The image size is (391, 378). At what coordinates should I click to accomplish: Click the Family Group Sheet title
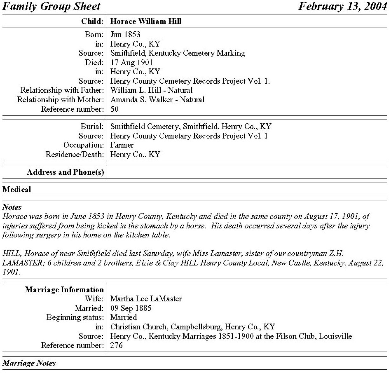52,7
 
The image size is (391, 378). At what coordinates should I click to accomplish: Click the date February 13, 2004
342,7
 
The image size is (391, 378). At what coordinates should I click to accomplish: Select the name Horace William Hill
146,21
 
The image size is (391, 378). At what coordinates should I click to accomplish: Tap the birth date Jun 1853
125,34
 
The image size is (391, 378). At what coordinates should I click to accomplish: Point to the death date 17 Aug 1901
131,63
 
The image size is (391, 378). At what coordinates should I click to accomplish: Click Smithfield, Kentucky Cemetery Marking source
178,53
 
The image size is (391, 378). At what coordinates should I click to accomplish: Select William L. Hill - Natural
151,90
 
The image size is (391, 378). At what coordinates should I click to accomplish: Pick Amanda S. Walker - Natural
157,99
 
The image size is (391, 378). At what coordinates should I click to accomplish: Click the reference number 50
115,109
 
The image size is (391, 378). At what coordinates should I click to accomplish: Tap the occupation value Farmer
122,145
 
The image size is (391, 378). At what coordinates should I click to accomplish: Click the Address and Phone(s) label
65,172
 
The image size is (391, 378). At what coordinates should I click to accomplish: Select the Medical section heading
16,190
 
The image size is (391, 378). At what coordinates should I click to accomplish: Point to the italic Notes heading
12,207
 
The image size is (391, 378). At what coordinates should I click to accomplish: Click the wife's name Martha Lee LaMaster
146,299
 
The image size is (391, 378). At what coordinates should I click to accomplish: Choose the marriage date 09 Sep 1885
131,308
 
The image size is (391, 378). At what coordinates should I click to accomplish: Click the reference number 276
116,345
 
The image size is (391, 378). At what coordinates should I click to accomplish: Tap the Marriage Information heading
64,290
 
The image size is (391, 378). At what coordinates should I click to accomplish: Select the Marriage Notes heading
29,363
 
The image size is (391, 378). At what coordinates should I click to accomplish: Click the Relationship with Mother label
60,99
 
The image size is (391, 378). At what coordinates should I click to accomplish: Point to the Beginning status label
75,317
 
